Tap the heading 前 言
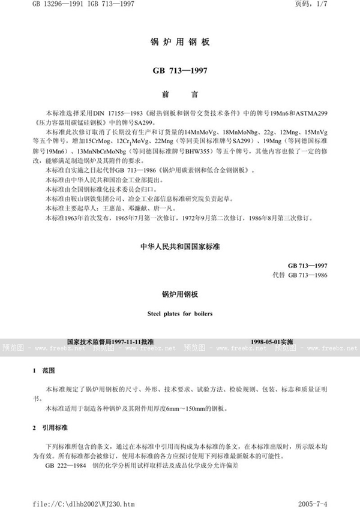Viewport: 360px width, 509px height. point(179,94)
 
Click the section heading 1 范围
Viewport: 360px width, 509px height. point(43,371)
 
